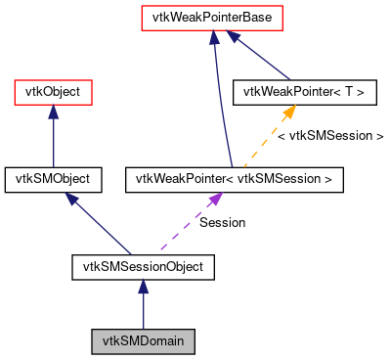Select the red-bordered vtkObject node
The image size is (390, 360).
point(53,93)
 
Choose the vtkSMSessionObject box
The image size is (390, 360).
point(143,264)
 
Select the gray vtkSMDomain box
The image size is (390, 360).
point(143,341)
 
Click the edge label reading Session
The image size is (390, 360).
point(222,222)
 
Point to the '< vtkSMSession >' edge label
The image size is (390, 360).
point(330,136)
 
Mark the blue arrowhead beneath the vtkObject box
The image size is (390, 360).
point(53,113)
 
